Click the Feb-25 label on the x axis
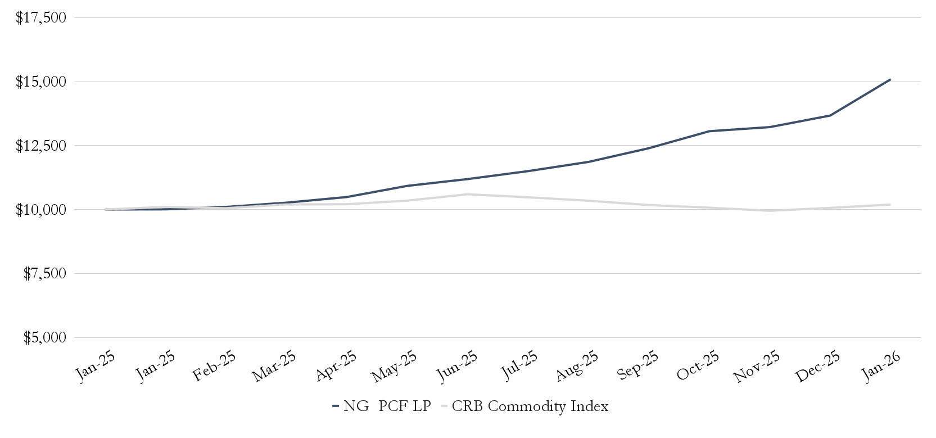pyautogui.click(x=214, y=367)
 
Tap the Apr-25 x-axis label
pyautogui.click(x=335, y=367)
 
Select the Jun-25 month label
pyautogui.click(x=456, y=367)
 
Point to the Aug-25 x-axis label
pyautogui.click(x=577, y=367)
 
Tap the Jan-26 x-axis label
pyautogui.click(x=881, y=367)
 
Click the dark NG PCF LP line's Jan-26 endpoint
pyautogui.click(x=890, y=80)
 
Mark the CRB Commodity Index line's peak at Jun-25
pyautogui.click(x=467, y=195)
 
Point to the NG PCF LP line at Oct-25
pyautogui.click(x=709, y=132)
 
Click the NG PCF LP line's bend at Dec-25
pyautogui.click(x=830, y=116)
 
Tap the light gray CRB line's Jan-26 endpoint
pyautogui.click(x=890, y=205)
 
